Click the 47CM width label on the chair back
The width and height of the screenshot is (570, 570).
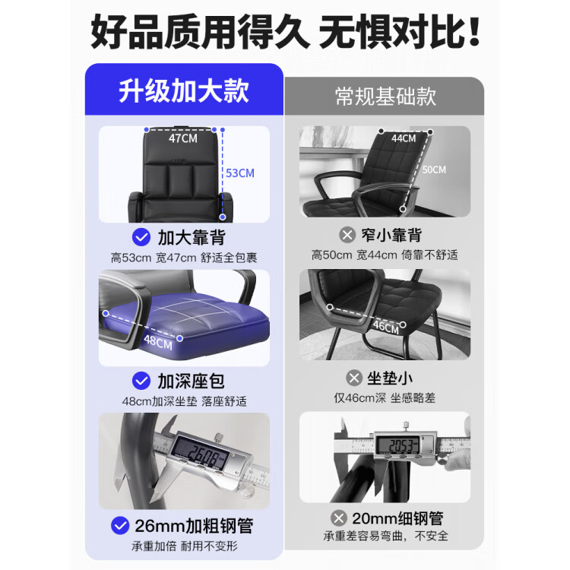pyautogui.click(x=183, y=138)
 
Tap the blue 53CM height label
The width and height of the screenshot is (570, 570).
pyautogui.click(x=240, y=173)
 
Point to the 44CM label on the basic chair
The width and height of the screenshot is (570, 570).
pyautogui.click(x=404, y=138)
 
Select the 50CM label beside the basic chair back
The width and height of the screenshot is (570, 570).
pyautogui.click(x=434, y=169)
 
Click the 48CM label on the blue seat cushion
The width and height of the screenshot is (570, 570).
pyautogui.click(x=158, y=342)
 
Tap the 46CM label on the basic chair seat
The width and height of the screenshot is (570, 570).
pyautogui.click(x=385, y=327)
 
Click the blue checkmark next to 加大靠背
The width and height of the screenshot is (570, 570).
pyautogui.click(x=141, y=237)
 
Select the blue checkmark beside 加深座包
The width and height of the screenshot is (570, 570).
pyautogui.click(x=141, y=381)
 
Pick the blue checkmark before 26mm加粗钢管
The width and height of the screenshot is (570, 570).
pyautogui.click(x=120, y=525)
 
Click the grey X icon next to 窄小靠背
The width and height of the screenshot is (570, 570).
pyautogui.click(x=347, y=235)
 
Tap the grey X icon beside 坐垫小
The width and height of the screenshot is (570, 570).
pyautogui.click(x=353, y=378)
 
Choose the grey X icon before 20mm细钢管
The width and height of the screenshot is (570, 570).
pyautogui.click(x=339, y=518)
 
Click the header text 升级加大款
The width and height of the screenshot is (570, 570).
pyautogui.click(x=184, y=91)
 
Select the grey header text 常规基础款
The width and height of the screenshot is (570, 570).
pyautogui.click(x=385, y=97)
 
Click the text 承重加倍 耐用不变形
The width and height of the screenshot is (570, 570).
pyautogui.click(x=185, y=546)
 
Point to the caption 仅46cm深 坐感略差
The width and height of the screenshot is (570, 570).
pyautogui.click(x=385, y=398)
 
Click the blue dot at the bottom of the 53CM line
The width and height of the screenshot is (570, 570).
pyautogui.click(x=223, y=217)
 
